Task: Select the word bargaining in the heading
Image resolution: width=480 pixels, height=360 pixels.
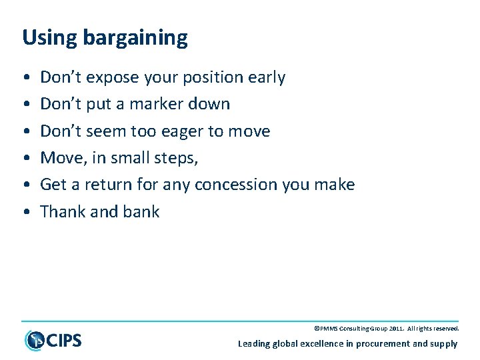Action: pos(135,39)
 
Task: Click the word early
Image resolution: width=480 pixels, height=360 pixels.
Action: pos(266,78)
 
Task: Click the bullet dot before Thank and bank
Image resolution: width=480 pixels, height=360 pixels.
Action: pos(25,212)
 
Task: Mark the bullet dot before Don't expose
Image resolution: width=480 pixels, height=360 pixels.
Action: pos(25,78)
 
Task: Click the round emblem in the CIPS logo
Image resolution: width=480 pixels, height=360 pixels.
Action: pos(34,340)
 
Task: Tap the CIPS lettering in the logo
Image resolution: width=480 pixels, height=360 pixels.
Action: pos(64,341)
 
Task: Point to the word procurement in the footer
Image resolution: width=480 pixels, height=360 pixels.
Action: pos(382,344)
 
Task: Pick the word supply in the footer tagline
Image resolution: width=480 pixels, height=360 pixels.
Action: pos(444,344)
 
